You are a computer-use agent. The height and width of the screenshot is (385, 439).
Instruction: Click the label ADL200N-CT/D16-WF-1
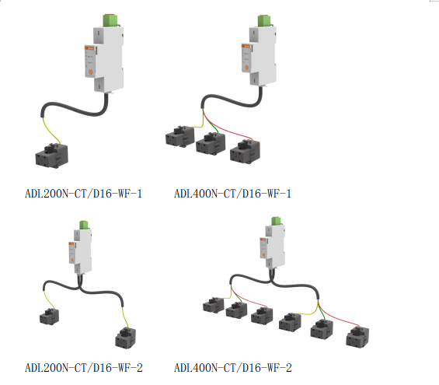click(x=83, y=194)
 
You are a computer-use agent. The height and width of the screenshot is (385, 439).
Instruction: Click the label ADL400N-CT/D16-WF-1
click(x=232, y=194)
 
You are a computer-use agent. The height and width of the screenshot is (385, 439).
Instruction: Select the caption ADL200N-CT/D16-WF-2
click(x=84, y=368)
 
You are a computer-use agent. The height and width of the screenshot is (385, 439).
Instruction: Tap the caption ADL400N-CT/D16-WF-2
click(x=233, y=368)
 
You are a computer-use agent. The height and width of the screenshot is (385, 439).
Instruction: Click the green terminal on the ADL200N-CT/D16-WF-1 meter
click(x=110, y=20)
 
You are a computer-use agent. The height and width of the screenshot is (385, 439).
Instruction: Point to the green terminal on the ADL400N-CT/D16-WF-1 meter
click(x=265, y=21)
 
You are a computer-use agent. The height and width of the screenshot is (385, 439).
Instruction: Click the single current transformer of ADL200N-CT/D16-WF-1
click(x=52, y=156)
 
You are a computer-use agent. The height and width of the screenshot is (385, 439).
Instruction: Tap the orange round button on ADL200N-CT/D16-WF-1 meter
click(x=90, y=72)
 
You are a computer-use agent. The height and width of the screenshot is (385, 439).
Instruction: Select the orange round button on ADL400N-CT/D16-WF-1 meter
click(x=246, y=68)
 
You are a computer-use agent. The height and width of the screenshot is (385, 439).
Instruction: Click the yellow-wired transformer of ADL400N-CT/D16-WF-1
click(x=179, y=136)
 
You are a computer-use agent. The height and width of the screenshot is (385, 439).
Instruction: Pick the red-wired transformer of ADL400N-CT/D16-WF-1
click(x=245, y=151)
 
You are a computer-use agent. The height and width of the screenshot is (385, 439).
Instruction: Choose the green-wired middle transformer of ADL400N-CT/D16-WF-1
click(x=211, y=143)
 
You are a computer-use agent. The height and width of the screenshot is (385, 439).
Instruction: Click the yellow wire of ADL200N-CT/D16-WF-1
click(x=51, y=130)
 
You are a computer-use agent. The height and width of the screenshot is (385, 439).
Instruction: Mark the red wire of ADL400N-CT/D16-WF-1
click(x=227, y=128)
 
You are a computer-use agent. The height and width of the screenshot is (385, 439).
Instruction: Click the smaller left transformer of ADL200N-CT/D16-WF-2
click(x=50, y=317)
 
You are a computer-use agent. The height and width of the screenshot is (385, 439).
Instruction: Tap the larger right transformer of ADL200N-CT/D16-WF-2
click(x=125, y=338)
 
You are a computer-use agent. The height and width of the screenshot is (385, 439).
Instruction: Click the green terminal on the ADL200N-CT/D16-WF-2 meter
click(x=84, y=225)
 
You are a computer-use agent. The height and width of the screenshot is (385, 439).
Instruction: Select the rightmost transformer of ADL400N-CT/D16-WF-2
click(x=357, y=337)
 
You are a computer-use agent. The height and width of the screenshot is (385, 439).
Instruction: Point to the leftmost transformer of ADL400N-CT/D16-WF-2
click(x=214, y=305)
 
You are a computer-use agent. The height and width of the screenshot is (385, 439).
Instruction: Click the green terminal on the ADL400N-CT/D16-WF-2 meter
click(x=276, y=221)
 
